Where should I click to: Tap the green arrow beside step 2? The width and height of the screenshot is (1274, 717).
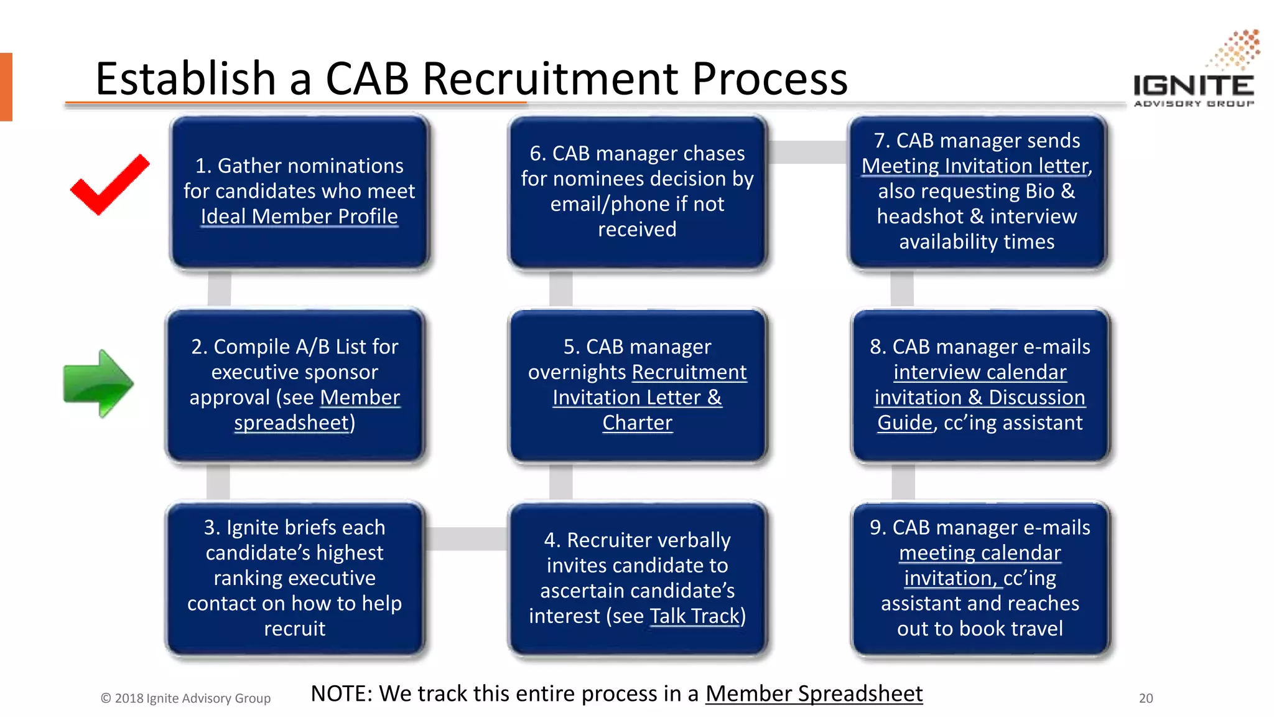(x=98, y=383)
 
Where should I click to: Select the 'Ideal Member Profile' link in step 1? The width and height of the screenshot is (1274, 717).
(x=299, y=217)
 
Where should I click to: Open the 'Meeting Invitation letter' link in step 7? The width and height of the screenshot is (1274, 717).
(x=975, y=166)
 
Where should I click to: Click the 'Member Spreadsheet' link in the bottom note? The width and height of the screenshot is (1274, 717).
(x=814, y=694)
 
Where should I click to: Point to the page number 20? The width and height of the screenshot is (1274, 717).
(x=1146, y=698)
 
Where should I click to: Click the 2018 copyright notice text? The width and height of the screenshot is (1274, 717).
(x=186, y=698)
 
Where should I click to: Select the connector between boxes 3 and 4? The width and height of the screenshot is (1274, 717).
(x=467, y=539)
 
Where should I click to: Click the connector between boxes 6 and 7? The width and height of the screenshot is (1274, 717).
(x=807, y=152)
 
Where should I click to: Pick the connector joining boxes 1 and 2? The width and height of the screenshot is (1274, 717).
(x=219, y=289)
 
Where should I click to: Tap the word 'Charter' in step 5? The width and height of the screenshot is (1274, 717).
(x=637, y=423)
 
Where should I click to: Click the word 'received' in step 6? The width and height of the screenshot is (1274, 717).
(x=637, y=230)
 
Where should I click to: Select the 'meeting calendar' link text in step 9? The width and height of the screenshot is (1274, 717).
(x=980, y=553)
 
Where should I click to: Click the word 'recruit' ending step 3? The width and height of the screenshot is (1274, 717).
(x=294, y=629)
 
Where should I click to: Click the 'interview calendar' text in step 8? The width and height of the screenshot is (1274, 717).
(x=980, y=373)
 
